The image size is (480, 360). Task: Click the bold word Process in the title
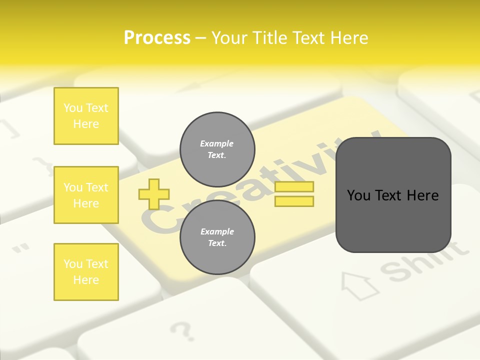tap(157, 38)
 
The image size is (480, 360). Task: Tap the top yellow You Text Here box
tap(86, 116)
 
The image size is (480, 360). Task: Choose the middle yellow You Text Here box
tap(86, 195)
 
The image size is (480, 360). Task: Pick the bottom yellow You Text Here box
tap(86, 272)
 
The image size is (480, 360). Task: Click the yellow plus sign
tap(154, 194)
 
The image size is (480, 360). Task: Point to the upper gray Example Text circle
tap(217, 149)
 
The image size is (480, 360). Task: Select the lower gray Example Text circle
tap(217, 237)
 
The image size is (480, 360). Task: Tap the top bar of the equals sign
tap(294, 186)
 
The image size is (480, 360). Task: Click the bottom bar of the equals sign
tap(294, 201)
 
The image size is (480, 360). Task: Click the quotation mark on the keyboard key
tap(20, 248)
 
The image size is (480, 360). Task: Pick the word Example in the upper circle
tap(216, 143)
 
